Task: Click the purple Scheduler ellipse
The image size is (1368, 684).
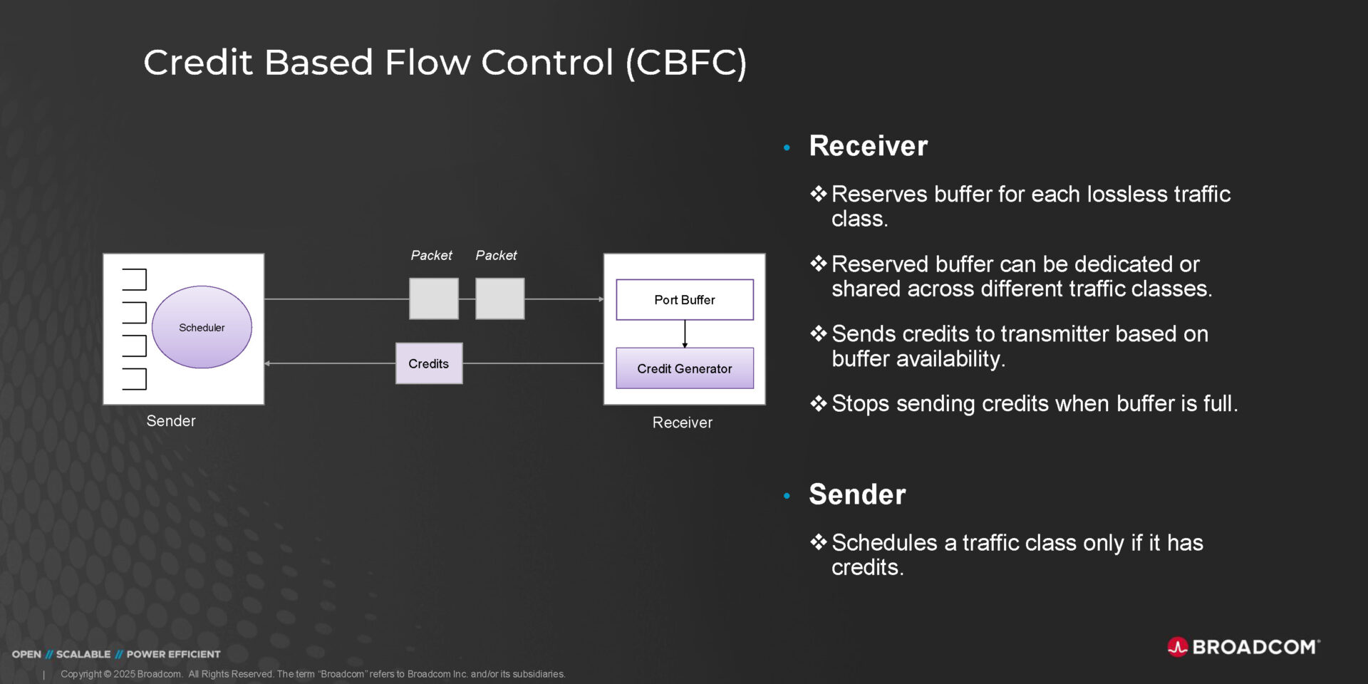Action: tap(202, 327)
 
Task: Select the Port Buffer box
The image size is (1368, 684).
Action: tap(684, 300)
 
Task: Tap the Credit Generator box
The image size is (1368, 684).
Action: tap(684, 368)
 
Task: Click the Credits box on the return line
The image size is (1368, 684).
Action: tap(429, 363)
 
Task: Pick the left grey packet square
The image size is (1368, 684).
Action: tap(433, 299)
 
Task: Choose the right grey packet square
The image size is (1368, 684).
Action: tap(499, 299)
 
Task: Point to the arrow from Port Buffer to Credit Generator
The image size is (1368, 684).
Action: tap(685, 333)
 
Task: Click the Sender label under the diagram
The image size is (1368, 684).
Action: tap(171, 421)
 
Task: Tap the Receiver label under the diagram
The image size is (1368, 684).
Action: tap(682, 423)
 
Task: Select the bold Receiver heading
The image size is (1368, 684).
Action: tap(868, 146)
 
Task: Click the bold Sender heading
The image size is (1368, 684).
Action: tap(857, 494)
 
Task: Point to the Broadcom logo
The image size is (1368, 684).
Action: tap(1243, 647)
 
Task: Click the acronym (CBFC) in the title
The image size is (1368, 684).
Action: tap(686, 63)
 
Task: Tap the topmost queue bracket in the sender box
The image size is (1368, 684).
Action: tap(135, 279)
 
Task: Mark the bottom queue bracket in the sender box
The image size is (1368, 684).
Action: tap(135, 379)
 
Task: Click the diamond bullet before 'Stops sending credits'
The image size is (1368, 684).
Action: tap(818, 404)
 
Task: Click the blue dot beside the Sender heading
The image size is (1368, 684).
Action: tap(787, 496)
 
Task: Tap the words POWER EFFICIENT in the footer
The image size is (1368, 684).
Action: tap(173, 654)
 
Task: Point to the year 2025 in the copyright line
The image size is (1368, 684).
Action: tap(124, 674)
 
